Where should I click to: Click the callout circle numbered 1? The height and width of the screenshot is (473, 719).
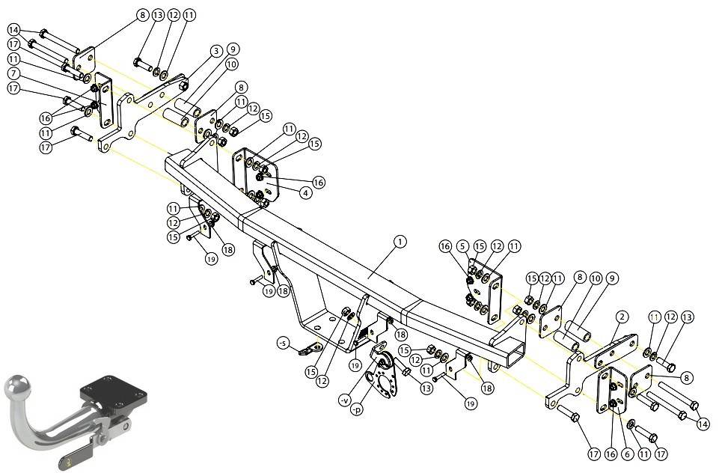400,242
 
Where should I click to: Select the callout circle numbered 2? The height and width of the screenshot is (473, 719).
622,317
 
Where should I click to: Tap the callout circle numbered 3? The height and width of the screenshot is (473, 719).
216,50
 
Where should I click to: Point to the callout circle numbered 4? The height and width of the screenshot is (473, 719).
306,192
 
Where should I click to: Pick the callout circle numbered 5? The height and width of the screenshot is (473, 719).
462,246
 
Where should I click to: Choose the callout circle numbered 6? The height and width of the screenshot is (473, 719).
627,454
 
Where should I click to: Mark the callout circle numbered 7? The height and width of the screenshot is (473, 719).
14,73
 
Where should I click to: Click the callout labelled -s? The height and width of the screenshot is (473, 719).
284,343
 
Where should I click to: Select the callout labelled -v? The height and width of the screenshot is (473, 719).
344,400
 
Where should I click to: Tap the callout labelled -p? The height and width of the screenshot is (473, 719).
356,409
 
